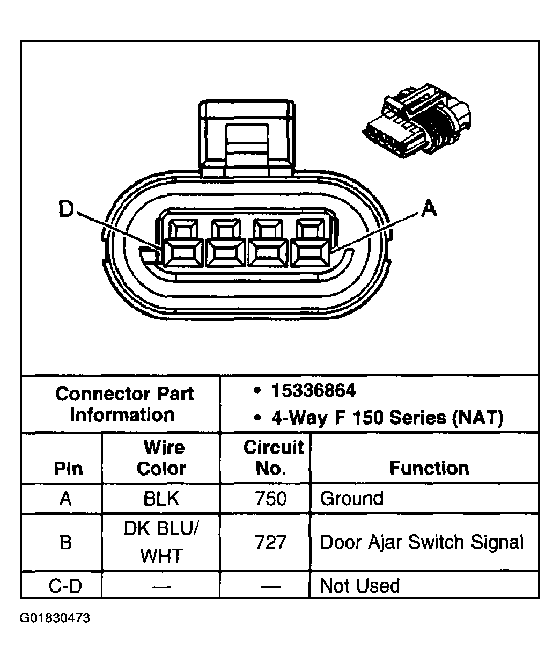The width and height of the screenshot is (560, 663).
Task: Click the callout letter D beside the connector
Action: click(66, 209)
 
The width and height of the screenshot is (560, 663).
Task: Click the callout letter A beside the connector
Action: click(429, 208)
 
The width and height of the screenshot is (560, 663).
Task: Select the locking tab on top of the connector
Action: click(247, 138)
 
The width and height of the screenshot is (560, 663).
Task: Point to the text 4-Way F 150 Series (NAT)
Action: click(387, 417)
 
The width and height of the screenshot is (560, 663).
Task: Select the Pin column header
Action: click(68, 468)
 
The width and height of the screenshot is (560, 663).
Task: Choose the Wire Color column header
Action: click(161, 458)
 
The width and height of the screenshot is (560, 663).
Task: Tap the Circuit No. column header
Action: click(272, 458)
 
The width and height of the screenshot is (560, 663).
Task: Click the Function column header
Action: click(429, 468)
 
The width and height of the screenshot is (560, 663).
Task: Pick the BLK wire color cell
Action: click(161, 499)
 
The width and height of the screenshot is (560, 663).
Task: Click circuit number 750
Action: click(271, 499)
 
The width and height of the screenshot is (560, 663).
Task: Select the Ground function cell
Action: click(351, 498)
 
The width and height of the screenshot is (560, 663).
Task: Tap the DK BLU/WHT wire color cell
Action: click(161, 542)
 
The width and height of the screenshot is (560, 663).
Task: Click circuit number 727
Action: click(271, 543)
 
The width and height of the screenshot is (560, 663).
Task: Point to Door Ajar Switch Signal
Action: click(422, 542)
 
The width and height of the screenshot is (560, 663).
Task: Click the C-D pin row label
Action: click(65, 586)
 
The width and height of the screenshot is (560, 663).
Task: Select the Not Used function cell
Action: click(359, 585)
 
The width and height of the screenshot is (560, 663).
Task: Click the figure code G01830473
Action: click(55, 618)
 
